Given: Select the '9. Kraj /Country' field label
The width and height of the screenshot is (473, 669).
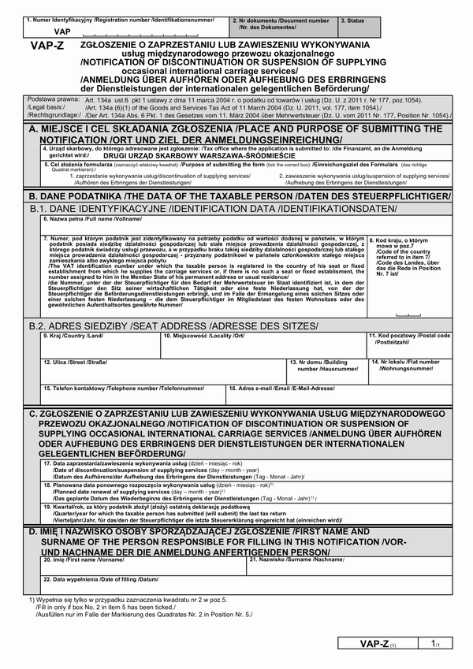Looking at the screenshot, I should (x=73, y=336).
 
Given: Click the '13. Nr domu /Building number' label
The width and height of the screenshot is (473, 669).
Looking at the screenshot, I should (x=324, y=365).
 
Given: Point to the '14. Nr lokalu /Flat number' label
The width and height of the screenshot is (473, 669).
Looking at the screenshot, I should (x=407, y=365).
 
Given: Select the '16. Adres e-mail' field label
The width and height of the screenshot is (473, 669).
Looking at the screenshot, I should (x=281, y=388).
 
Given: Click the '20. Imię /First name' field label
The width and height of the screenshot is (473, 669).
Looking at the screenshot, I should (x=84, y=559).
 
